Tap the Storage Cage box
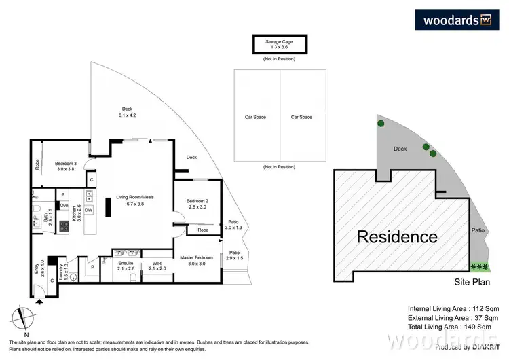(279, 45)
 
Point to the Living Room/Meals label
(136, 200)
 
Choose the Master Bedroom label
(197, 259)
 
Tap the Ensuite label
(126, 265)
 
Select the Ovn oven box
(64, 205)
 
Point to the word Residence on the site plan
(397, 237)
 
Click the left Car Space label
(255, 117)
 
